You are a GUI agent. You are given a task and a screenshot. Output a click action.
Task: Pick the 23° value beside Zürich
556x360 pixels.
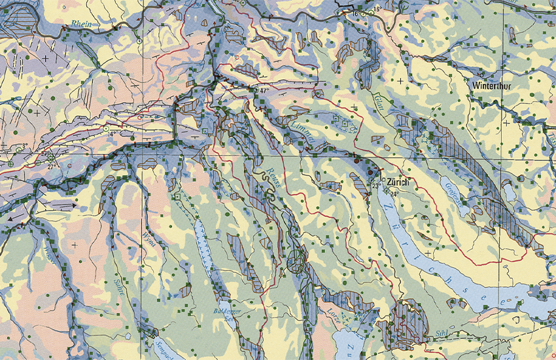tap(376, 187)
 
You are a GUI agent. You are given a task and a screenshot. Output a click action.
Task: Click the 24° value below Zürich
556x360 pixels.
tap(394, 194)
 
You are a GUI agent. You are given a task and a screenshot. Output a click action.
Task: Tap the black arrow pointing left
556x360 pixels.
tap(16, 215)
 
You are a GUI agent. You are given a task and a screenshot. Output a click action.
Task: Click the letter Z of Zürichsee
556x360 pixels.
tap(391, 208)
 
